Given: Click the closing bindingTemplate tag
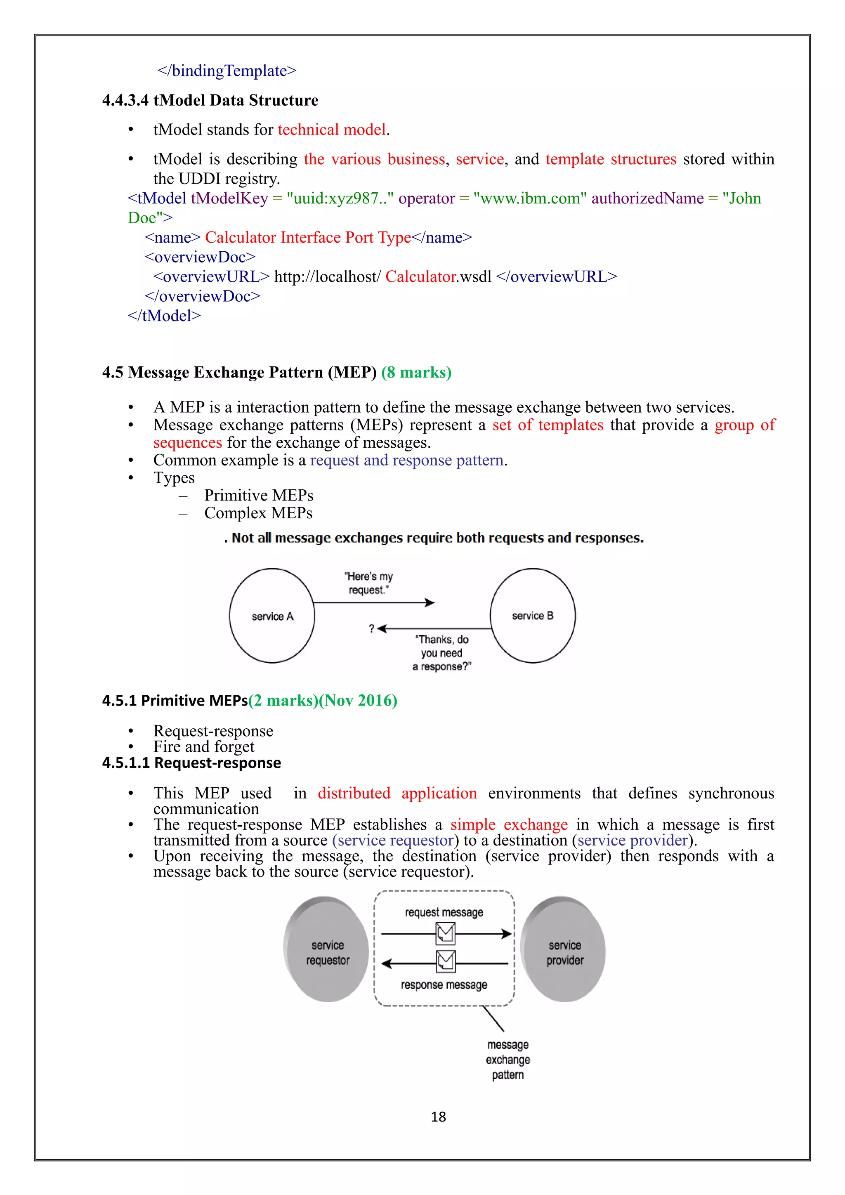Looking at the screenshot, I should pos(227,71).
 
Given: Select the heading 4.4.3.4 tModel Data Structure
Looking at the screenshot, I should pos(210,100).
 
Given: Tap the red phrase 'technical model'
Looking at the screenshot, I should pos(332,130).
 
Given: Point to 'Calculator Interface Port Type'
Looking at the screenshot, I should pos(308,238).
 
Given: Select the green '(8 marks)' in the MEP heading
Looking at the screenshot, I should pos(416,373).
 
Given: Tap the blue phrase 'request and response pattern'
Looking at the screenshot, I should pos(407,461).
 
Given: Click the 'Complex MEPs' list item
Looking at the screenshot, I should pos(258,513).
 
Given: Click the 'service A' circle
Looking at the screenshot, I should pos(272,616).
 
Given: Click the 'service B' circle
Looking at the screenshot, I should pos(533,616).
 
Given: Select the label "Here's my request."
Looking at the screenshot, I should pos(368,583).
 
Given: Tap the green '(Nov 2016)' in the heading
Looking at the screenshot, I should pos(358,701).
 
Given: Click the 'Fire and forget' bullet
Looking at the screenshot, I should pos(204,747).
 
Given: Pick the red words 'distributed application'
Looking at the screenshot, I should pos(397,793).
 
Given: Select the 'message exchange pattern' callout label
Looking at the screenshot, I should pos(508,1060).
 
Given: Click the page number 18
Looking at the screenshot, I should pos(438,1117).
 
